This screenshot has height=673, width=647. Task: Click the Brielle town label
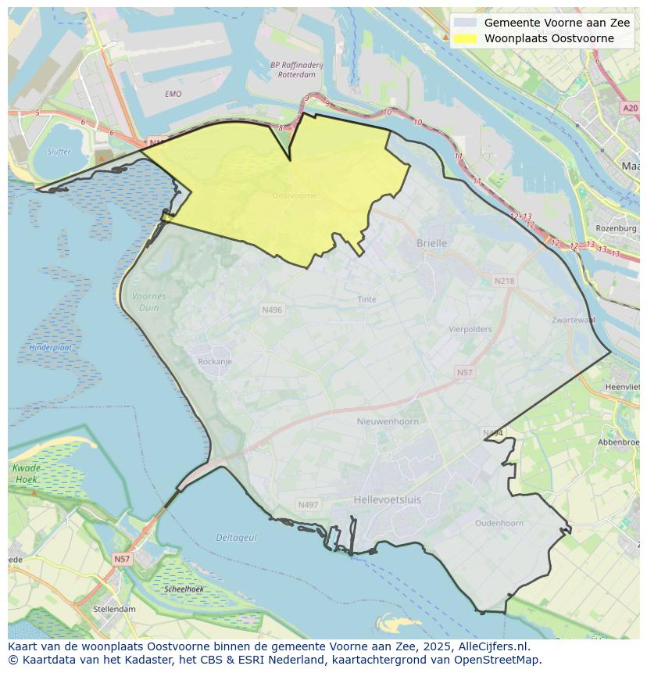[431, 243]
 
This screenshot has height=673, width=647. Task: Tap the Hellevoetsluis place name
[386, 498]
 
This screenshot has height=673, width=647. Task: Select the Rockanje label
[215, 361]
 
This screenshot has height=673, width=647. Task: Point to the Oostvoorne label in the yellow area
[295, 195]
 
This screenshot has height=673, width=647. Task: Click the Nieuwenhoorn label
[388, 421]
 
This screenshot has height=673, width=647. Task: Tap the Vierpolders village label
[470, 329]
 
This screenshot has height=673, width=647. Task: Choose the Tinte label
[366, 299]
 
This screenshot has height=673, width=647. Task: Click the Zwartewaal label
[573, 320]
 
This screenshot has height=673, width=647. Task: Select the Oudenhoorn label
[499, 523]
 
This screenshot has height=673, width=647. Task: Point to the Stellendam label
[114, 609]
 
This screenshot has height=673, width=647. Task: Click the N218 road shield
[504, 281]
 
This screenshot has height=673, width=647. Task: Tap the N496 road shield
[272, 310]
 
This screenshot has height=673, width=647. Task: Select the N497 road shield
[308, 505]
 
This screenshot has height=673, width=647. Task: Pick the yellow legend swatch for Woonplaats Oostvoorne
[465, 38]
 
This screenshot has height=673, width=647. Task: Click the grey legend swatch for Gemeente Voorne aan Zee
[465, 23]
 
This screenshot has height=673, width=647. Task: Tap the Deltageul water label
[236, 538]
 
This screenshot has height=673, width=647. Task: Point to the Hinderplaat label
[51, 347]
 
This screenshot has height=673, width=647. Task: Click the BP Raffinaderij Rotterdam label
[296, 70]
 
